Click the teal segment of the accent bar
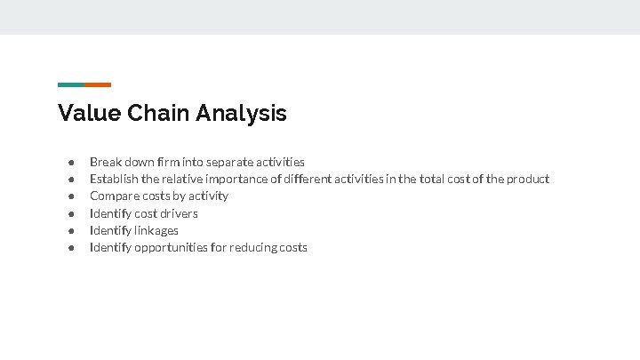71,84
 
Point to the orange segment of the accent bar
98,84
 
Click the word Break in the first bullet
106,162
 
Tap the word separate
229,162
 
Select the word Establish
113,179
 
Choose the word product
528,179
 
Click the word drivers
179,213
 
